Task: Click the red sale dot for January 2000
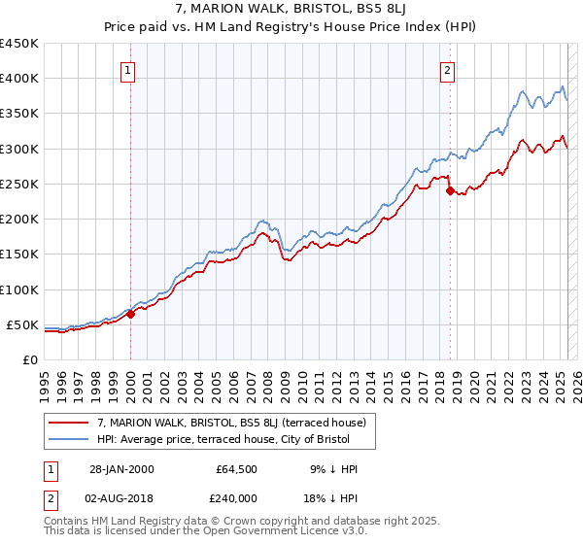(x=131, y=314)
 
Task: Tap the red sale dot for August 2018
(x=450, y=190)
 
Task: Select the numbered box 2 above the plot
(x=447, y=70)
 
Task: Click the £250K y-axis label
(x=19, y=184)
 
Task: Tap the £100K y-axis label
(x=19, y=289)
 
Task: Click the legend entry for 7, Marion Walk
(x=231, y=423)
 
